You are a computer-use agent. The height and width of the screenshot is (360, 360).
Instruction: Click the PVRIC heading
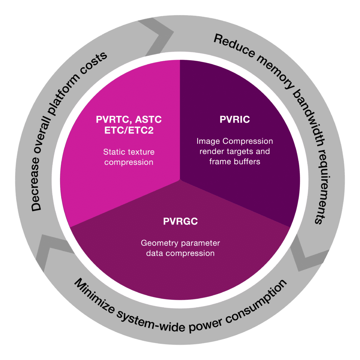[x=234, y=120]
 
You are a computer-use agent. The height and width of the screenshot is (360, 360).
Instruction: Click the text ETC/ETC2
[x=129, y=131]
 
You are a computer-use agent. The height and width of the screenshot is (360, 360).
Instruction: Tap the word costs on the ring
[x=95, y=60]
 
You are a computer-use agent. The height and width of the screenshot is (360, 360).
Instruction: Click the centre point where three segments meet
[x=180, y=179]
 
